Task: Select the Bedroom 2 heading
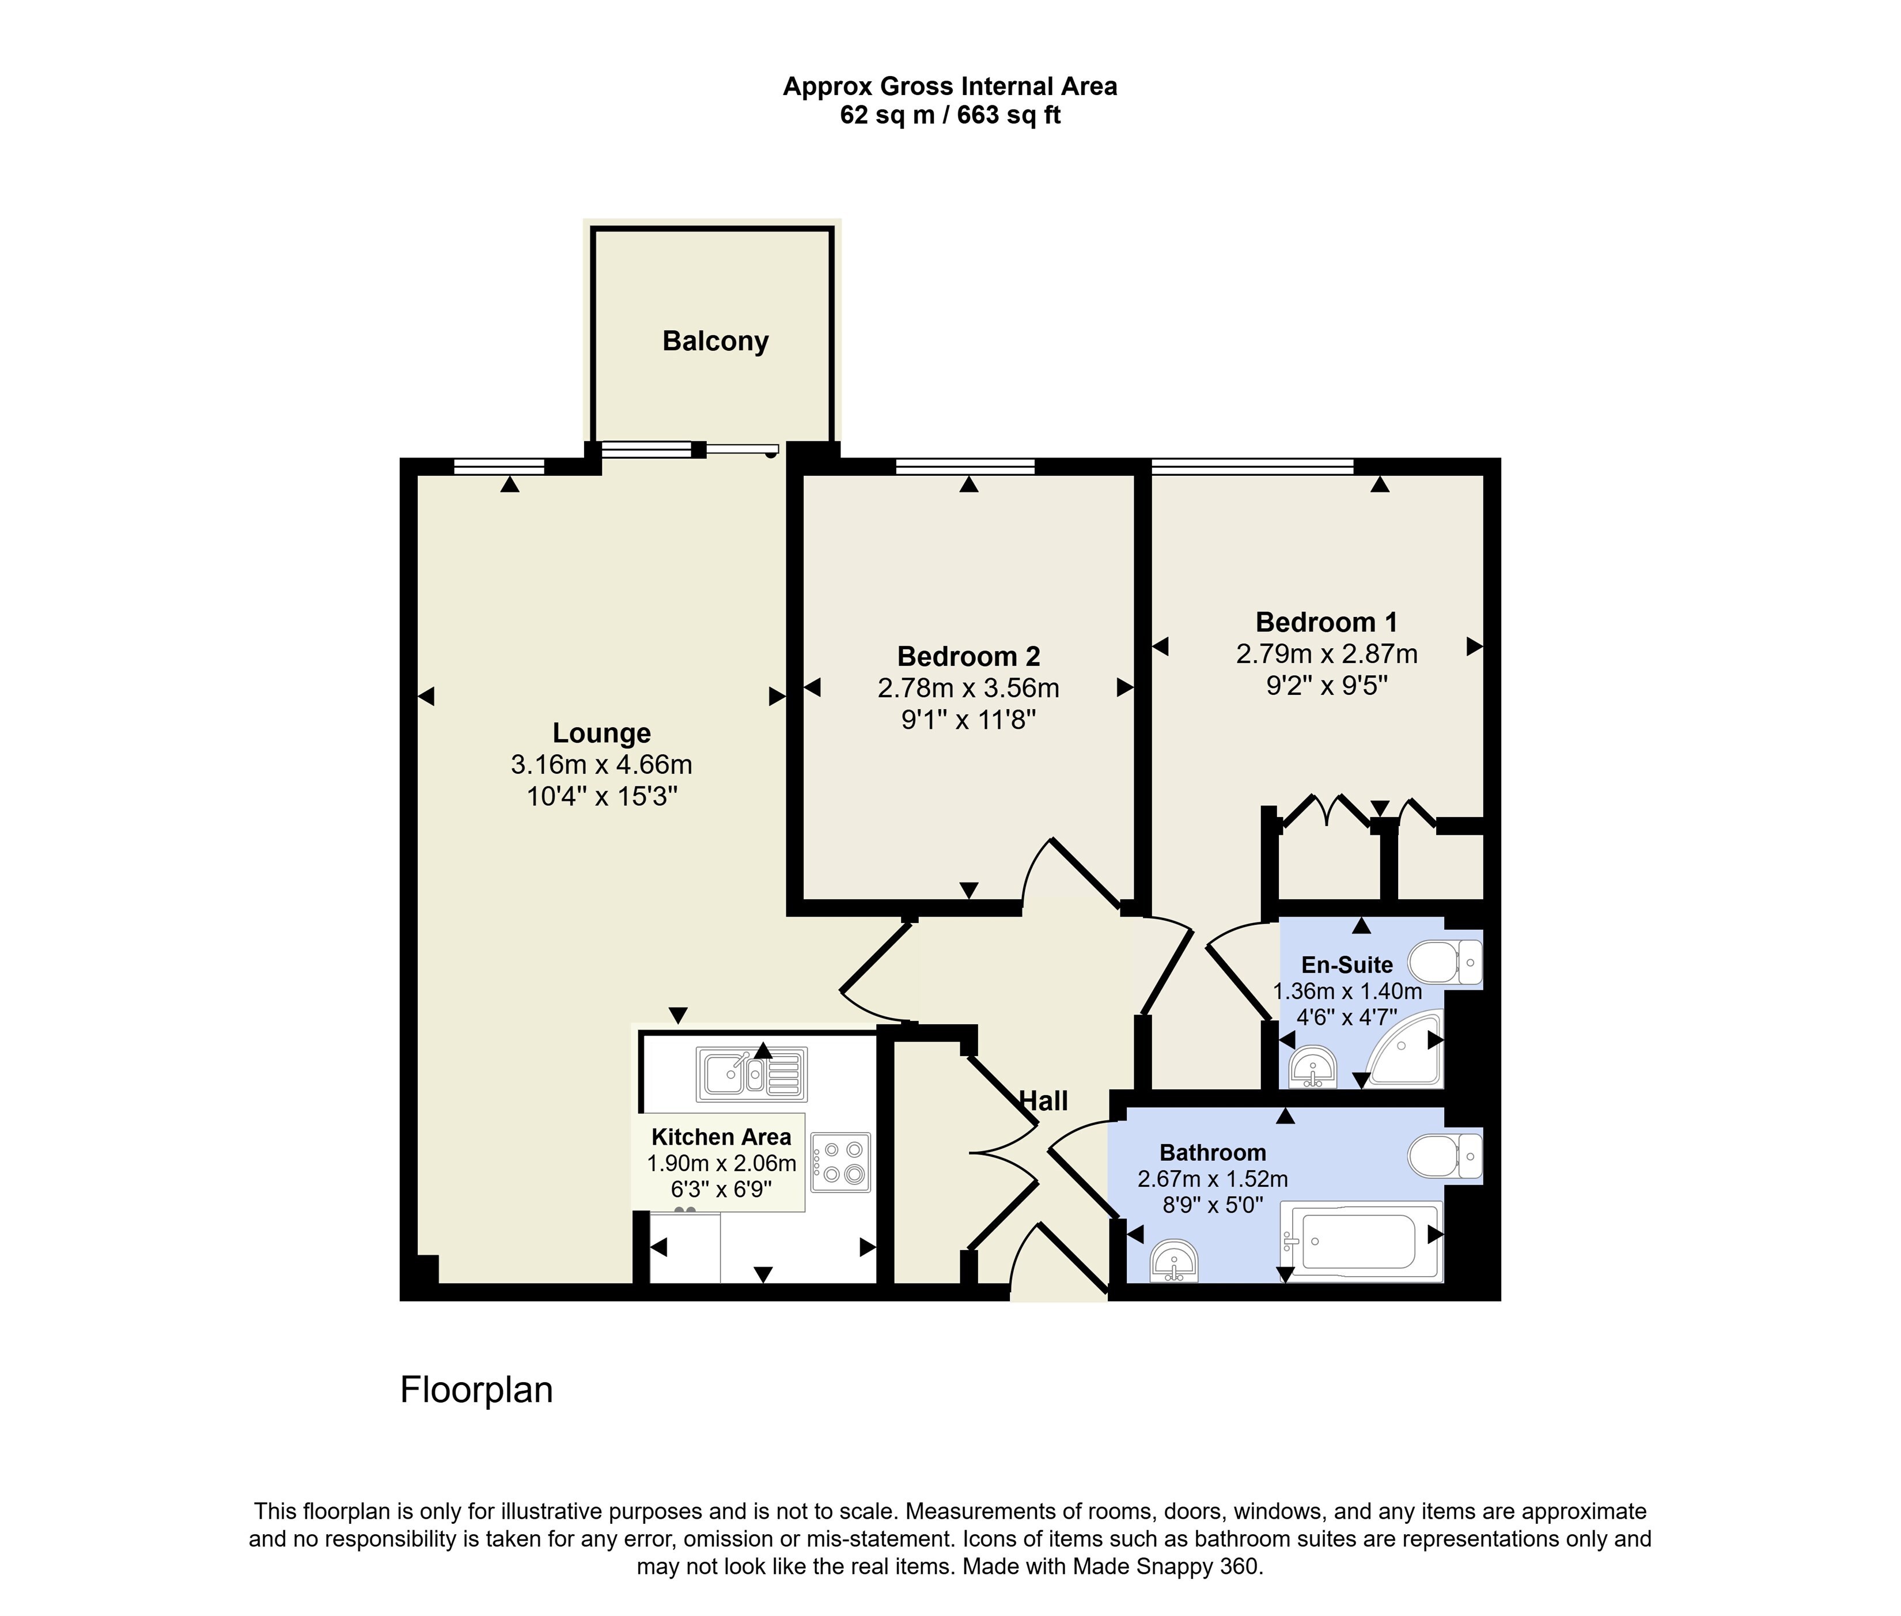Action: [968, 656]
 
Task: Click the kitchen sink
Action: [751, 1074]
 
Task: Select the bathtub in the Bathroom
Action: [1361, 1242]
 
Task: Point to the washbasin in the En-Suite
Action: [1313, 1066]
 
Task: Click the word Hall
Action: [1043, 1100]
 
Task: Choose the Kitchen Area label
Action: [721, 1137]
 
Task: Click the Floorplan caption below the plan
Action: [476, 1390]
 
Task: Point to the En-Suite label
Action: [1347, 964]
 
